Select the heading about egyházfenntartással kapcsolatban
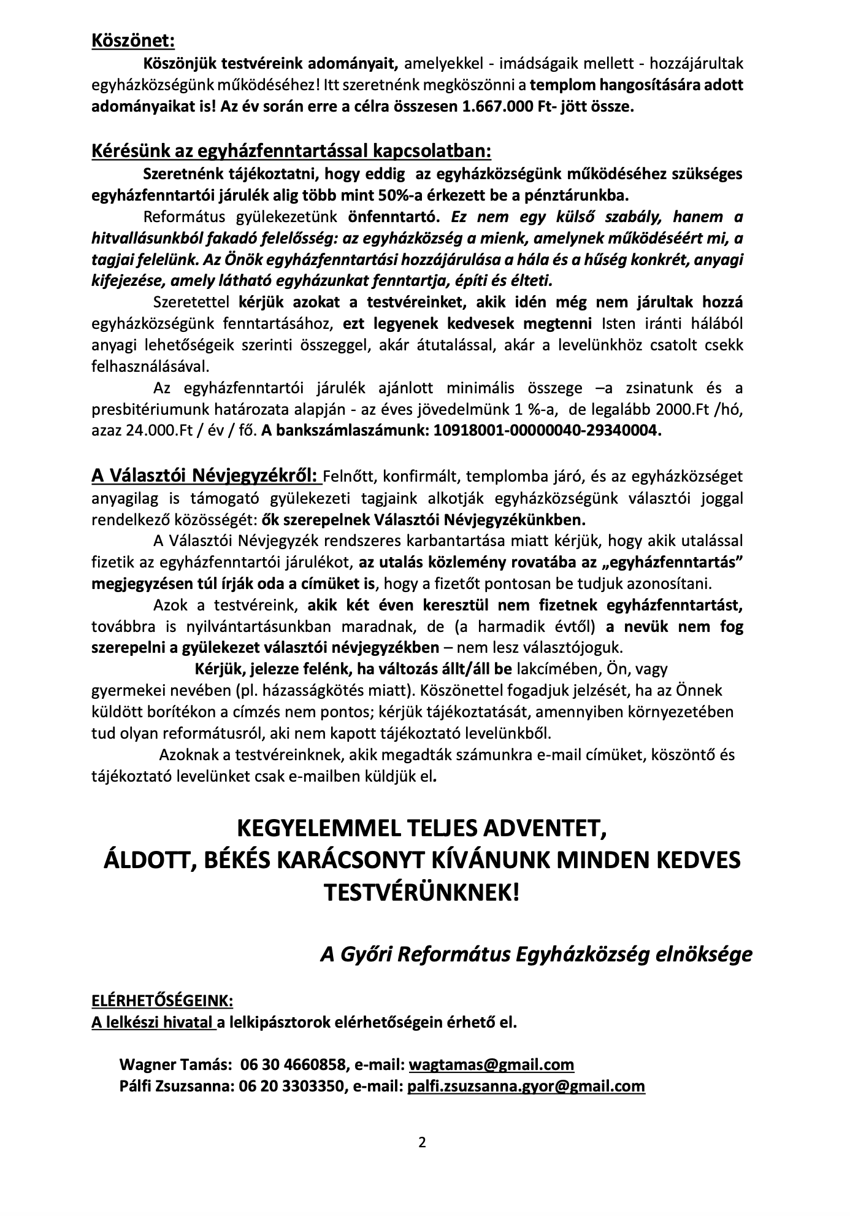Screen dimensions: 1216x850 pos(291,151)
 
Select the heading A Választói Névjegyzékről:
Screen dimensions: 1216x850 pos(205,475)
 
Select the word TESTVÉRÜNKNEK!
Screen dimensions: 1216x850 pos(421,891)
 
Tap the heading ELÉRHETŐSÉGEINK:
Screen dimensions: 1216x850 pos(162,1001)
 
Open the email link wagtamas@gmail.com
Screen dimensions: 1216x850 pos(491,1064)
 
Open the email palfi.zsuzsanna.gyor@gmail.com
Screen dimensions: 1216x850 pos(526,1086)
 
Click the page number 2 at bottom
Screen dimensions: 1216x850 pos(422,1142)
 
